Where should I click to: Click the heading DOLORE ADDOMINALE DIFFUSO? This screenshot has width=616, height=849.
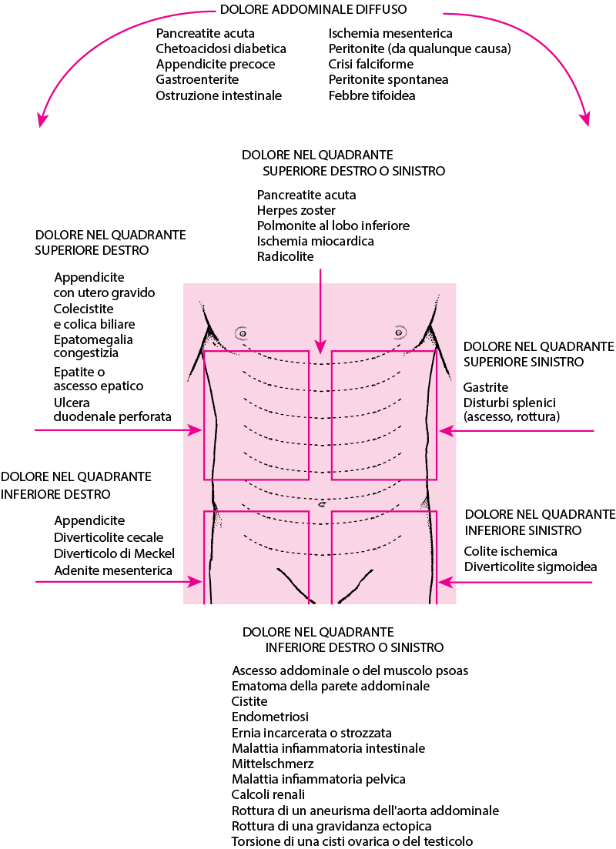point(313,9)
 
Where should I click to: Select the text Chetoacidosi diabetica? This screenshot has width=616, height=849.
point(221,48)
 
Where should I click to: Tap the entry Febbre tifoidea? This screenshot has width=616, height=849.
point(372,95)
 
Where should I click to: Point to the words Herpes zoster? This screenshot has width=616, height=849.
point(296,210)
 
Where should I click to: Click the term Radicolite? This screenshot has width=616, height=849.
point(285,256)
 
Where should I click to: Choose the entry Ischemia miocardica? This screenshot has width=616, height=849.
point(315,241)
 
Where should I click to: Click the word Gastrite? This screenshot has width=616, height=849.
point(485,387)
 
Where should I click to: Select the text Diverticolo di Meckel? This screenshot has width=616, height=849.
point(114,553)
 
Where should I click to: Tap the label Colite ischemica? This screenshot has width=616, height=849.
point(511,551)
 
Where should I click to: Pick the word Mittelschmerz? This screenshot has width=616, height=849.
point(273,764)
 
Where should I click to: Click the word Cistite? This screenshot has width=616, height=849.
point(249,701)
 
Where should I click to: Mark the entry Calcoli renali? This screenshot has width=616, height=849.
point(268,794)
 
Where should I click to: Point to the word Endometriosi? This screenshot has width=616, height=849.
point(269,717)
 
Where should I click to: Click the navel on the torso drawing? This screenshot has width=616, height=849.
point(323,504)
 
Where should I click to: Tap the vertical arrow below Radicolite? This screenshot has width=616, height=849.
point(321,311)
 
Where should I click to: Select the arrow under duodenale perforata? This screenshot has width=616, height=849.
point(118,430)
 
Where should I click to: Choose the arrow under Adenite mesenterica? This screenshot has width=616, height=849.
point(119,582)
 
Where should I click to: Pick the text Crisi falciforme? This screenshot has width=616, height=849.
point(370,64)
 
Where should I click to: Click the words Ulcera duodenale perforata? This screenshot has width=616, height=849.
point(112,409)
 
